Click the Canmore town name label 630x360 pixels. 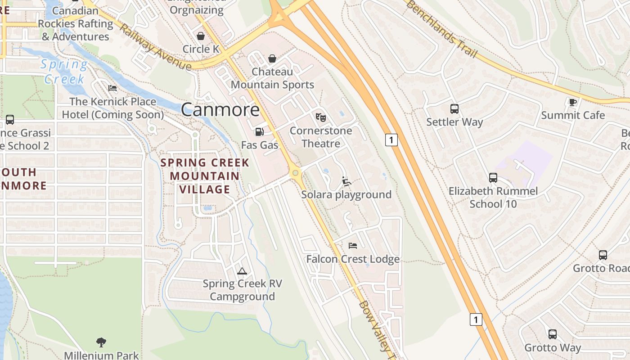coord(220,110)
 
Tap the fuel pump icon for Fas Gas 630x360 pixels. coord(259,131)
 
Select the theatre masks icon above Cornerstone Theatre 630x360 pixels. coord(320,117)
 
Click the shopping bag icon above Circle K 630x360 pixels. coord(201,36)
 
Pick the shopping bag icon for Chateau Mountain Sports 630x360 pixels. coord(272,58)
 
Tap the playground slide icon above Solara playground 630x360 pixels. coord(346,181)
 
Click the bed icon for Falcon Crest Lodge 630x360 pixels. coord(353,246)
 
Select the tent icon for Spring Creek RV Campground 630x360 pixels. coord(242,271)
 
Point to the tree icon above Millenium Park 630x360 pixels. coord(101,342)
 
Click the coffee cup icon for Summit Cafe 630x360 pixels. coord(573,103)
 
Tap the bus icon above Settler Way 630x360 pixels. coord(454,109)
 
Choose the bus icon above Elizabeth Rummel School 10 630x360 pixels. coord(493,178)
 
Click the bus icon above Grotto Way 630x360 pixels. coord(553,334)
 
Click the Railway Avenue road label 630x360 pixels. coord(156,47)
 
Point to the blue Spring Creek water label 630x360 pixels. coord(65,72)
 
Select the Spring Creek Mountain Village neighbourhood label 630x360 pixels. coord(205,176)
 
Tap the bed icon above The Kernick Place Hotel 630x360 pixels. coord(112,88)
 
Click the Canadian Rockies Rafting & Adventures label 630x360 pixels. coord(75,23)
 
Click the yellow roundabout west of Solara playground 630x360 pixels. coord(295,172)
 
